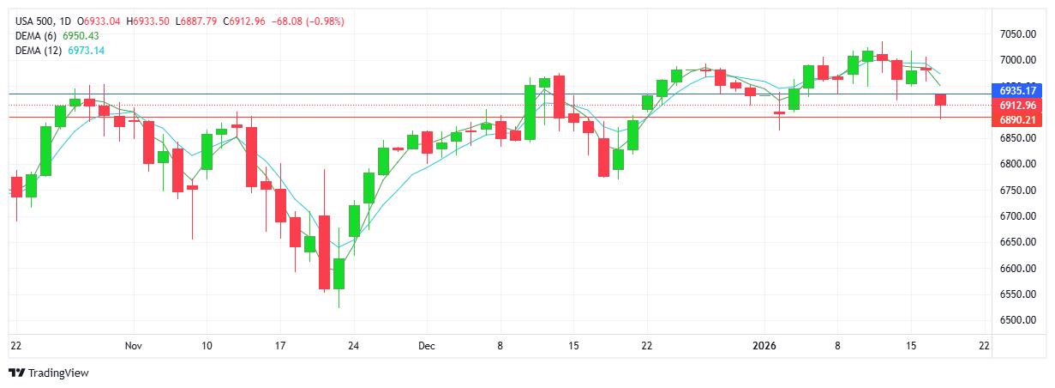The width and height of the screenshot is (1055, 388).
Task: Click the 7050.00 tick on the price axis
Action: point(1017,33)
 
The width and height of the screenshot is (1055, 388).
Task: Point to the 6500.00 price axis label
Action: point(1017,320)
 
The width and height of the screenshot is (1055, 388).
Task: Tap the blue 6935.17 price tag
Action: point(1018,90)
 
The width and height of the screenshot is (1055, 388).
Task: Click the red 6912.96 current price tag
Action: point(1018,106)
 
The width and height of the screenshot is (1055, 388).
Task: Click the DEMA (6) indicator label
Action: point(35,35)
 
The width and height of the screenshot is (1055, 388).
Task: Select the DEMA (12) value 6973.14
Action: point(87,51)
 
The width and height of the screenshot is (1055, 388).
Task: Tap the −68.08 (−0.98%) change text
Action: point(308,21)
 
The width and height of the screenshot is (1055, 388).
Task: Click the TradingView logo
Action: point(48,373)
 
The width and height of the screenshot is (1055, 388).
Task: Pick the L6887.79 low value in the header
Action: point(197,21)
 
